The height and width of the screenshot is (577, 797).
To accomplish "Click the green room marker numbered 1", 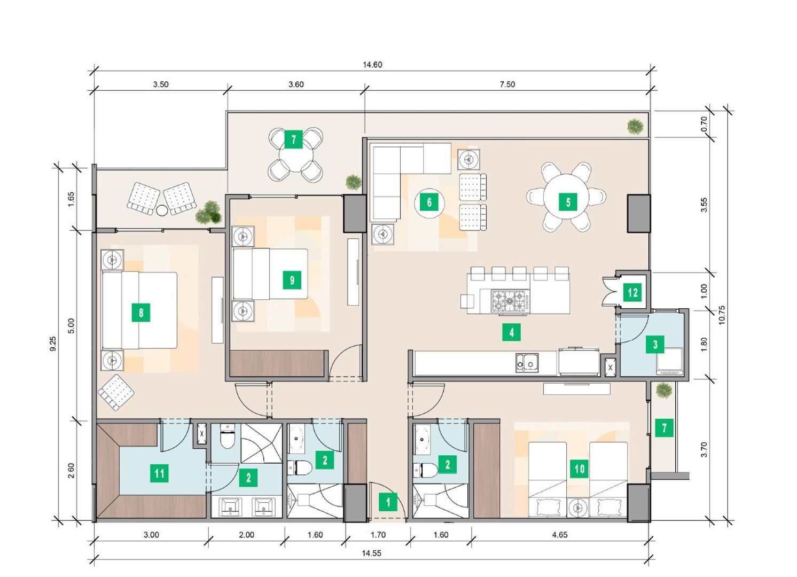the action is pyautogui.click(x=388, y=502).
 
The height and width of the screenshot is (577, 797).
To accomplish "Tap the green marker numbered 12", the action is pyautogui.click(x=632, y=293).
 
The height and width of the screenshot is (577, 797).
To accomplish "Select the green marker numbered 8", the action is pyautogui.click(x=141, y=313).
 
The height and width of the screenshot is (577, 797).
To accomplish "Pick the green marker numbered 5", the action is pyautogui.click(x=568, y=202).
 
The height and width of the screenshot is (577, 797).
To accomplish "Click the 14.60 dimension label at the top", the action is pyautogui.click(x=372, y=65).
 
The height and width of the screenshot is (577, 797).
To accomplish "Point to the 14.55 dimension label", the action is pyautogui.click(x=372, y=553).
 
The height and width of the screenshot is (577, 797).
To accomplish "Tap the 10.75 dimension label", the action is pyautogui.click(x=722, y=315).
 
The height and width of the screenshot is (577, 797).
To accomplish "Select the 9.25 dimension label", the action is pyautogui.click(x=53, y=344).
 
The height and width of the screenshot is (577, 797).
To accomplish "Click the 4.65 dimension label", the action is pyautogui.click(x=560, y=535).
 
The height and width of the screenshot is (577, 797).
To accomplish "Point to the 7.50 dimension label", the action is pyautogui.click(x=507, y=84).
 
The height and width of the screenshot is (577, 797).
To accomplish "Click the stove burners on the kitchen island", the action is pyautogui.click(x=510, y=301).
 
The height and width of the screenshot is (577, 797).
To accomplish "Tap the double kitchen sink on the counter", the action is pyautogui.click(x=527, y=362).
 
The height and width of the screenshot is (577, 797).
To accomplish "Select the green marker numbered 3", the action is pyautogui.click(x=655, y=344).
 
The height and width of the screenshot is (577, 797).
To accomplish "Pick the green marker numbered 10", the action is pyautogui.click(x=579, y=469).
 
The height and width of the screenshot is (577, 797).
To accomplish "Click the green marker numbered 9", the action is pyautogui.click(x=292, y=280).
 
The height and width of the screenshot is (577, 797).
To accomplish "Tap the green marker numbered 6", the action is pyautogui.click(x=429, y=202).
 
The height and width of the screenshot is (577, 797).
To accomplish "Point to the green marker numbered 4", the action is pyautogui.click(x=511, y=332).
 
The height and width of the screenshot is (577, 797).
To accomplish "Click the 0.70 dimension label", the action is pyautogui.click(x=704, y=124).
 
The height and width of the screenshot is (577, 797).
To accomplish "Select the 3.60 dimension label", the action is pyautogui.click(x=296, y=84).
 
